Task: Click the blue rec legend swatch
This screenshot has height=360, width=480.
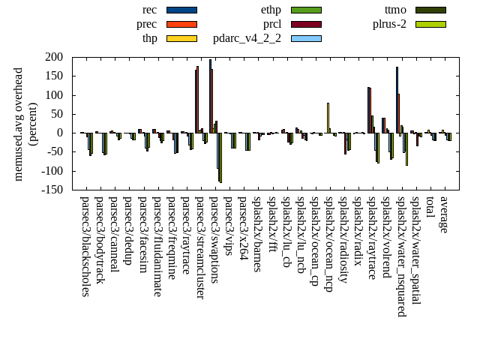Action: click(x=181, y=10)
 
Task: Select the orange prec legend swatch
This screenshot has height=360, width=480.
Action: click(x=181, y=24)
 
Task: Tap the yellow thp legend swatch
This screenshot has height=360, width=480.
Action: click(x=181, y=38)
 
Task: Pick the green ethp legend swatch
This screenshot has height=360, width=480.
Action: click(x=306, y=10)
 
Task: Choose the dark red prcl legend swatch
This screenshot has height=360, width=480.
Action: click(x=306, y=24)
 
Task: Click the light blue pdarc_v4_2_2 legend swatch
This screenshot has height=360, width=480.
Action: click(x=306, y=38)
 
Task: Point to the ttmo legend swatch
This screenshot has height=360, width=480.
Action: click(x=430, y=10)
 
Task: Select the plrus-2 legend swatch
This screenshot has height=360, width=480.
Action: click(x=430, y=24)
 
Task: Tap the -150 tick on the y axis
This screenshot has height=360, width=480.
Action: click(x=51, y=190)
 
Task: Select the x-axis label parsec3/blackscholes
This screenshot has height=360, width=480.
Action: click(x=85, y=246)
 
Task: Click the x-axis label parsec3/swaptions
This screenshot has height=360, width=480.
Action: click(x=214, y=239)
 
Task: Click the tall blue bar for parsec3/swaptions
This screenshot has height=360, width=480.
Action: click(x=210, y=96)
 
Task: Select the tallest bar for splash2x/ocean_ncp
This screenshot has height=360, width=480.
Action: click(x=328, y=118)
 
